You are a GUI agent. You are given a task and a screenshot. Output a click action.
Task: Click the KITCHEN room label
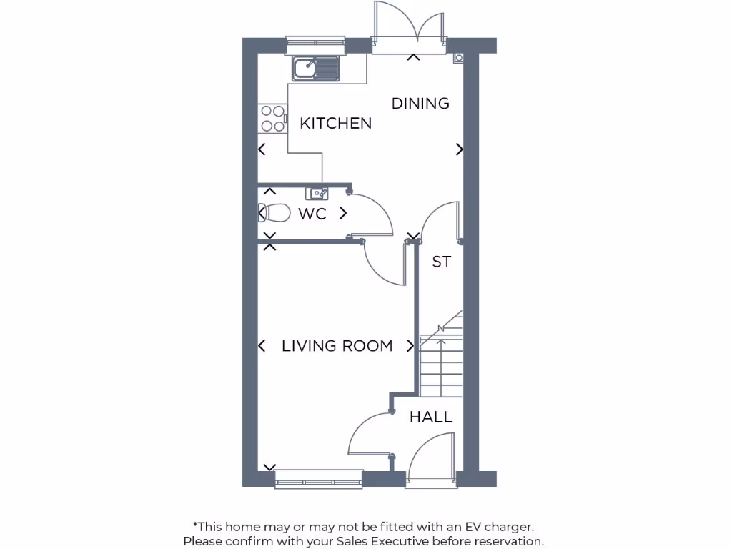(335, 123)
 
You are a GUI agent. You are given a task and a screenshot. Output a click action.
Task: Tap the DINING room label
(420, 103)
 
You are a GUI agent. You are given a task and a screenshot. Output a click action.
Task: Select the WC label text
(312, 214)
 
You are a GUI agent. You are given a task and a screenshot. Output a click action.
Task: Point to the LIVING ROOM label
(337, 346)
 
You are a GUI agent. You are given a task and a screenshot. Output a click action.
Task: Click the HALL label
(431, 417)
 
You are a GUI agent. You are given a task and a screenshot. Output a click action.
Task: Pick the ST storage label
(441, 262)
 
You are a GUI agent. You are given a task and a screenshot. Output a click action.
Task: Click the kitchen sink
(315, 69)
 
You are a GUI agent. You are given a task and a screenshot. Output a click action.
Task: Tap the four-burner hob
(272, 119)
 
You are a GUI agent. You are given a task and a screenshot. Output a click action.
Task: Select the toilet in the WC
(274, 213)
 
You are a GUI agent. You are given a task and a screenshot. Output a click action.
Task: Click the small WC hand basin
(317, 192)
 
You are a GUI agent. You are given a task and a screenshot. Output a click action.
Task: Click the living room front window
(319, 479)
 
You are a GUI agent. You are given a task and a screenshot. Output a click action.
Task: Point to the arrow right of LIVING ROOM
(410, 346)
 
